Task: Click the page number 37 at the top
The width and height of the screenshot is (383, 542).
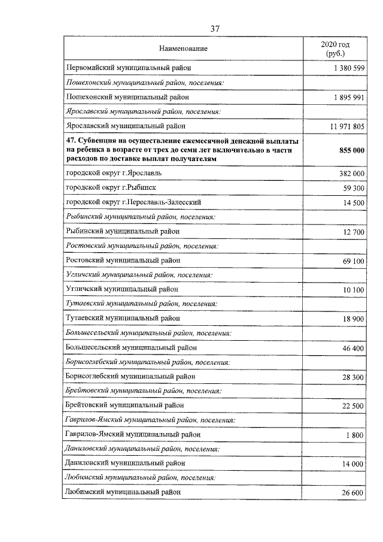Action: [216, 28]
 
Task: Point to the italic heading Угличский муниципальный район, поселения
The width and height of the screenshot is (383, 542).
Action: [139, 275]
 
